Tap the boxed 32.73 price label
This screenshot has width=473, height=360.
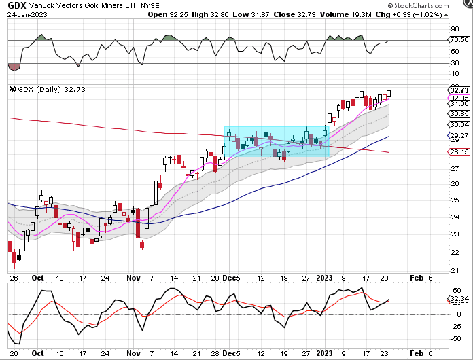pyautogui.click(x=460, y=90)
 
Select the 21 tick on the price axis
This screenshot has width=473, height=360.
pyautogui.click(x=453, y=270)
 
